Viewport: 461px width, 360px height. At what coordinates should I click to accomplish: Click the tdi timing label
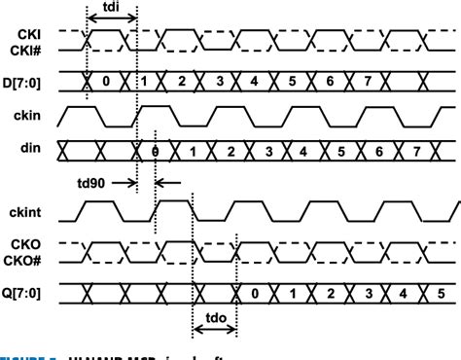[x=111, y=14]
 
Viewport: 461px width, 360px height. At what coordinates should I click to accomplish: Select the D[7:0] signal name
[x=27, y=79]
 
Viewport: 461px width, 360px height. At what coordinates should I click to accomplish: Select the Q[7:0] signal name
[x=27, y=293]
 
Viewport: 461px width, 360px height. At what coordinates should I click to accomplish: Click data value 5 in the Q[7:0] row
[x=438, y=293]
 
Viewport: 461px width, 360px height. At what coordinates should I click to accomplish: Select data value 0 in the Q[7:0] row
[x=254, y=293]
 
